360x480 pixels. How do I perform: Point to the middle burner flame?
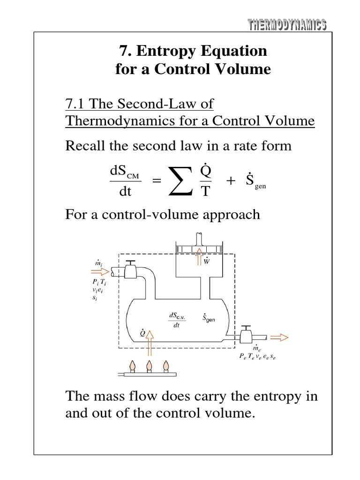(x=150, y=364)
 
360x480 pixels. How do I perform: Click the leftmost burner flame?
(x=133, y=364)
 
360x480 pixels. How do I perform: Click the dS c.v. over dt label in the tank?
(x=178, y=321)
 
